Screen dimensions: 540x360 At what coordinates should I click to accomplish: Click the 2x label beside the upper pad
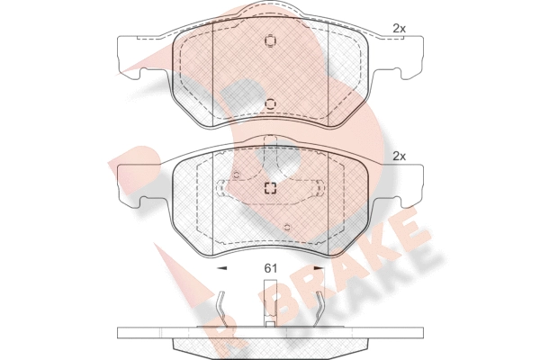pyautogui.click(x=399, y=29)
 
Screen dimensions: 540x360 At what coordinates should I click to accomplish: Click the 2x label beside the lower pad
pyautogui.click(x=399, y=157)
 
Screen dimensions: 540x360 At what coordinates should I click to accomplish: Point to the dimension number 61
pyautogui.click(x=270, y=268)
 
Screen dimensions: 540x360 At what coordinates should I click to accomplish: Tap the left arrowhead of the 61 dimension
pyautogui.click(x=222, y=267)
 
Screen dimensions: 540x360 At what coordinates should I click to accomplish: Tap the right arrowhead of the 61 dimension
pyautogui.click(x=319, y=267)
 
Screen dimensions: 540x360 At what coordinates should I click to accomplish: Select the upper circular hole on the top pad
pyautogui.click(x=270, y=40)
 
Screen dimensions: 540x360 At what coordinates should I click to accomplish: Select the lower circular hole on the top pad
pyautogui.click(x=270, y=103)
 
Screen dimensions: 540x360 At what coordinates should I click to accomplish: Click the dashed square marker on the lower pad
pyautogui.click(x=270, y=188)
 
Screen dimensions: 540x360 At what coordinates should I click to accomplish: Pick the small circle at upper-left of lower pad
pyautogui.click(x=236, y=175)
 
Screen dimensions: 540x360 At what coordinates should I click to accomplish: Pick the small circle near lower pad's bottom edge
pyautogui.click(x=287, y=227)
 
